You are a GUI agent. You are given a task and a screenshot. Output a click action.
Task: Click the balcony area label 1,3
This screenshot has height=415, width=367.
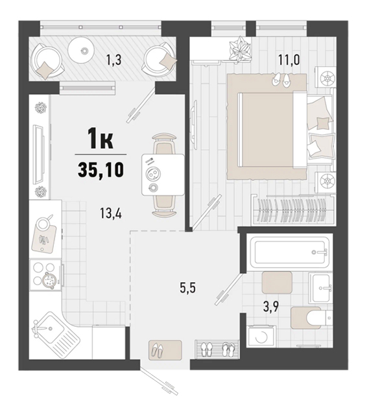point(113,60)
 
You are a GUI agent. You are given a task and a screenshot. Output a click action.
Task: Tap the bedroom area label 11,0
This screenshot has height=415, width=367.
point(289,60)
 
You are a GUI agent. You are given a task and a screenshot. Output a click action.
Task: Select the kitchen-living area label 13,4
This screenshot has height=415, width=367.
point(111,213)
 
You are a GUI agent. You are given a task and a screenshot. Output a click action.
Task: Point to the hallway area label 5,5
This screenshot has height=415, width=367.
point(188,288)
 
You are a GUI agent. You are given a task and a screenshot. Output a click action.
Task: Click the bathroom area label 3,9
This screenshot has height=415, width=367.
point(272,307)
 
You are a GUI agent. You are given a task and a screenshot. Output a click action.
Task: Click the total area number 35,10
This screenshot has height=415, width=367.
point(101,169)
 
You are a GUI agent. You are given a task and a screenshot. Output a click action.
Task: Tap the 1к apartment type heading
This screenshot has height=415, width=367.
point(101,141)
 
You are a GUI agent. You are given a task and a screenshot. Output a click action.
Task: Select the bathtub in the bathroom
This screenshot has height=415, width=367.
point(290,252)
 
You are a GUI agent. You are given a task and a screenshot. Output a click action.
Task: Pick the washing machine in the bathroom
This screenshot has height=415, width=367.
point(261,337)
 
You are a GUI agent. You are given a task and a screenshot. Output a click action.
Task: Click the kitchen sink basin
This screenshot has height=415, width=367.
point(49,327)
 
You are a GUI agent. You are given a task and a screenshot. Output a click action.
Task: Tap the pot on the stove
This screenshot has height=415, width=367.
point(49,279)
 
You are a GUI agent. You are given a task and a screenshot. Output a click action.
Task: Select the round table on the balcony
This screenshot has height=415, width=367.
point(80,50)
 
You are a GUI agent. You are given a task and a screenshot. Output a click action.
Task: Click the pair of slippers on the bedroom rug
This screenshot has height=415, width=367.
point(281,79)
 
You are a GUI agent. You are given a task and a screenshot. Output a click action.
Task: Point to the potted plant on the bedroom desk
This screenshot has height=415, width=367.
point(240,49)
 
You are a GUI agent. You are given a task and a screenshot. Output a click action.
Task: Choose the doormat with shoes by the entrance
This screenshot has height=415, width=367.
point(165,350)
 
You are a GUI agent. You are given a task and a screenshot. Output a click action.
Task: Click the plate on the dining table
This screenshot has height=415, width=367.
point(152,174)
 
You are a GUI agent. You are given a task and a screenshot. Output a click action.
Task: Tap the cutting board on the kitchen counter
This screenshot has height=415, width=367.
point(44,238)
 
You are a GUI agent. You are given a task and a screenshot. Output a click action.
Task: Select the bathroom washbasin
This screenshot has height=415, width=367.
point(321,289)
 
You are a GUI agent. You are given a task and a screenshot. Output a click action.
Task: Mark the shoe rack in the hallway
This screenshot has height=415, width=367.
point(217,350)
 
